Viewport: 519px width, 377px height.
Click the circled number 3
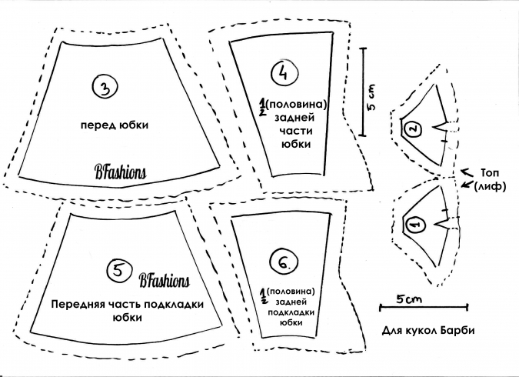(105, 87)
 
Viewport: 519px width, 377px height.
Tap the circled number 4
(284, 73)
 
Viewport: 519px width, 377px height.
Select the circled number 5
(119, 270)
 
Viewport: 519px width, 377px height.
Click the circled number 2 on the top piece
(414, 129)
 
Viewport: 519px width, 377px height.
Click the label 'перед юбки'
(115, 125)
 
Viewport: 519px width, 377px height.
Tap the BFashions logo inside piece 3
(121, 172)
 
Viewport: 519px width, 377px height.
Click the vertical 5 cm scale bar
(364, 92)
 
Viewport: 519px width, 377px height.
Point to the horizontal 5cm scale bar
(424, 308)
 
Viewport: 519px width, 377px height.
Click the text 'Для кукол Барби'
(428, 330)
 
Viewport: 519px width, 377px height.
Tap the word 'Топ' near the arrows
(490, 172)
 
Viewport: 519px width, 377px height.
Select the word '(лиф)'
(490, 186)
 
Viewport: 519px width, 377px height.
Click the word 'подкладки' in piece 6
(291, 312)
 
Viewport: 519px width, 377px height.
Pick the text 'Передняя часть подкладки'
(128, 304)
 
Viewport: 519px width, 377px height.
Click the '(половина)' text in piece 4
(296, 105)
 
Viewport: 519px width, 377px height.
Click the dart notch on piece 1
(441, 223)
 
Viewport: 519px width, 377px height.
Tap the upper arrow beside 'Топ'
(467, 172)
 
